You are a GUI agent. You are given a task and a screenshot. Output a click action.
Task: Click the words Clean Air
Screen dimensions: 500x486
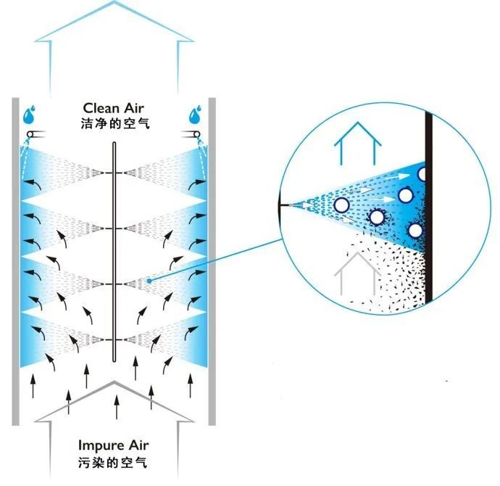[x=114, y=108]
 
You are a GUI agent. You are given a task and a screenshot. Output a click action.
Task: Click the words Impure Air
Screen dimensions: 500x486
[x=114, y=445]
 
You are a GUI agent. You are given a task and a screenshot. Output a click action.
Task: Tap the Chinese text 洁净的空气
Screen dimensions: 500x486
[x=115, y=123]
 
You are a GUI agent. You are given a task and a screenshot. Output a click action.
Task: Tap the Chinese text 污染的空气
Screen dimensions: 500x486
[x=113, y=462]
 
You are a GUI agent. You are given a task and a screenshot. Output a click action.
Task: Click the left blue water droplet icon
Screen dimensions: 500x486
[x=29, y=115]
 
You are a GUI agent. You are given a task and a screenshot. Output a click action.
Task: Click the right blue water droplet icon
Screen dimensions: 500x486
[x=195, y=115]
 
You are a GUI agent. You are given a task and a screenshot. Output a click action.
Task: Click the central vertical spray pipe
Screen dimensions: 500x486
[x=114, y=252]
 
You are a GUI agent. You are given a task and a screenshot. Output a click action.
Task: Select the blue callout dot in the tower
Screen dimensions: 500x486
[x=149, y=281]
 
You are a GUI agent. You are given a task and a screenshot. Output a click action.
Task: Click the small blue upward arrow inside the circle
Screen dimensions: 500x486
[x=357, y=143]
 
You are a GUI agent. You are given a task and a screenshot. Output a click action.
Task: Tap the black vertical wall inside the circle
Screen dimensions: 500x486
[x=429, y=207]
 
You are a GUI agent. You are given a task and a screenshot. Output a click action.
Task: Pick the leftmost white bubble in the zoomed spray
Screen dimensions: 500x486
[x=341, y=205]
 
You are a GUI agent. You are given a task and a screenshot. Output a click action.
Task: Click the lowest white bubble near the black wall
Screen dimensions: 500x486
[x=415, y=231]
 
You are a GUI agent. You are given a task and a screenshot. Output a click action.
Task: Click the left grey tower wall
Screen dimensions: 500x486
[x=16, y=262]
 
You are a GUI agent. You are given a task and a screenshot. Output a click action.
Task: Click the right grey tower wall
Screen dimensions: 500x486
[x=212, y=262]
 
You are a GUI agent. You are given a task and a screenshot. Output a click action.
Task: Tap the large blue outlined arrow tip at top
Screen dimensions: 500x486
[x=114, y=1]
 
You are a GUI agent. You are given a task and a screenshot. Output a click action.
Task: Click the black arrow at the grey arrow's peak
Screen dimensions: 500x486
[x=117, y=406]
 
